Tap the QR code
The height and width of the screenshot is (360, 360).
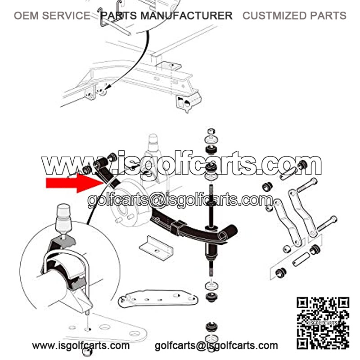pyautogui.click(x=323, y=323)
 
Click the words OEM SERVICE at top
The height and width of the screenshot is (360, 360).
pyautogui.click(x=52, y=16)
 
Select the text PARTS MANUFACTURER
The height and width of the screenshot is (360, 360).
pyautogui.click(x=166, y=16)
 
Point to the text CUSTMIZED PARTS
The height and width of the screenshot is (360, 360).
pyautogui.click(x=294, y=16)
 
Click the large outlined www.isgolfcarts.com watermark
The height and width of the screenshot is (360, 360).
pyautogui.click(x=181, y=164)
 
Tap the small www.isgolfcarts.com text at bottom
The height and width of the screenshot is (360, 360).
pyautogui.click(x=81, y=346)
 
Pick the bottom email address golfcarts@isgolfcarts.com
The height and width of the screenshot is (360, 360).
pyautogui.click(x=216, y=346)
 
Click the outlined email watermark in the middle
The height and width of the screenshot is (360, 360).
pyautogui.click(x=180, y=200)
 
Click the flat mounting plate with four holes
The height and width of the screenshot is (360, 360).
pyautogui.click(x=158, y=299)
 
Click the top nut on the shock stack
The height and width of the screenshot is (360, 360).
pyautogui.click(x=211, y=131)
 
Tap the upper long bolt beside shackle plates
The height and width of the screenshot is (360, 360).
pyautogui.click(x=307, y=185)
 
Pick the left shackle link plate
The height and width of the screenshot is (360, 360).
pyautogui.click(x=288, y=222)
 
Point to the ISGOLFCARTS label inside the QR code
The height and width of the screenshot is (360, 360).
pyautogui.click(x=323, y=323)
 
